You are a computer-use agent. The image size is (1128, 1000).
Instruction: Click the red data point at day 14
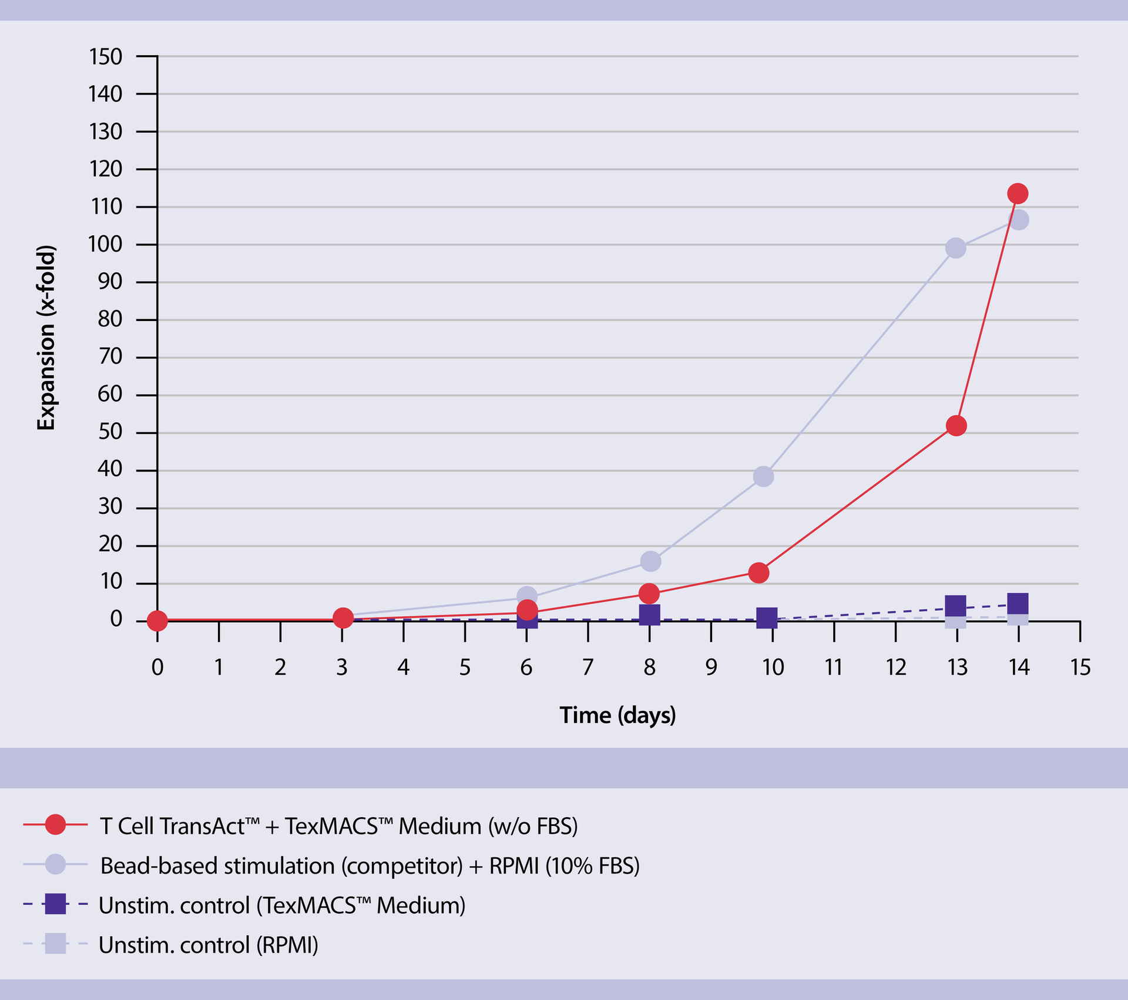[1018, 193]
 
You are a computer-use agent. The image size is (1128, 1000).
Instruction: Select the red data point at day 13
[956, 426]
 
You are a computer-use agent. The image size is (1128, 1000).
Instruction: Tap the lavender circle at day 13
[956, 248]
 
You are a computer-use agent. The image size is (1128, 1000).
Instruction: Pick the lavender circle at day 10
[763, 476]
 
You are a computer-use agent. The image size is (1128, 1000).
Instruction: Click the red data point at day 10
[759, 572]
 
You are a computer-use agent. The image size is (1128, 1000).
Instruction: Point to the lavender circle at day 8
[650, 561]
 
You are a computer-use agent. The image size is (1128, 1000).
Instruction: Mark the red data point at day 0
[157, 620]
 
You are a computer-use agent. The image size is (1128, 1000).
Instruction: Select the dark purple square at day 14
[1018, 604]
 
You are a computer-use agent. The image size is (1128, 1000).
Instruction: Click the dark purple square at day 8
[649, 614]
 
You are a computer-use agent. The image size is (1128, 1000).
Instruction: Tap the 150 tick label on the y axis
[106, 57]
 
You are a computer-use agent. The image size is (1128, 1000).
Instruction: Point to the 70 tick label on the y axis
[110, 357]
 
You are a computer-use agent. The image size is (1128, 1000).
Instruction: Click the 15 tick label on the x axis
[1080, 668]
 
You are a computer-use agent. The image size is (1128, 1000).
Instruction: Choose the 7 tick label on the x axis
[587, 668]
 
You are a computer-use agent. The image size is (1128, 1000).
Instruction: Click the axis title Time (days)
[617, 715]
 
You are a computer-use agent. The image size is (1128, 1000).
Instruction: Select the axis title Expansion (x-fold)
[46, 338]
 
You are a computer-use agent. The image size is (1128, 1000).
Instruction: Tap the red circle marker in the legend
[56, 825]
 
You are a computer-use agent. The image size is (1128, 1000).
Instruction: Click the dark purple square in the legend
[56, 904]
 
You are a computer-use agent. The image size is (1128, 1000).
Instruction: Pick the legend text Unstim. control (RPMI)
[208, 945]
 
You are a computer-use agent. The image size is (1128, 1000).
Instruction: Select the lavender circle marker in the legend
[56, 864]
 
